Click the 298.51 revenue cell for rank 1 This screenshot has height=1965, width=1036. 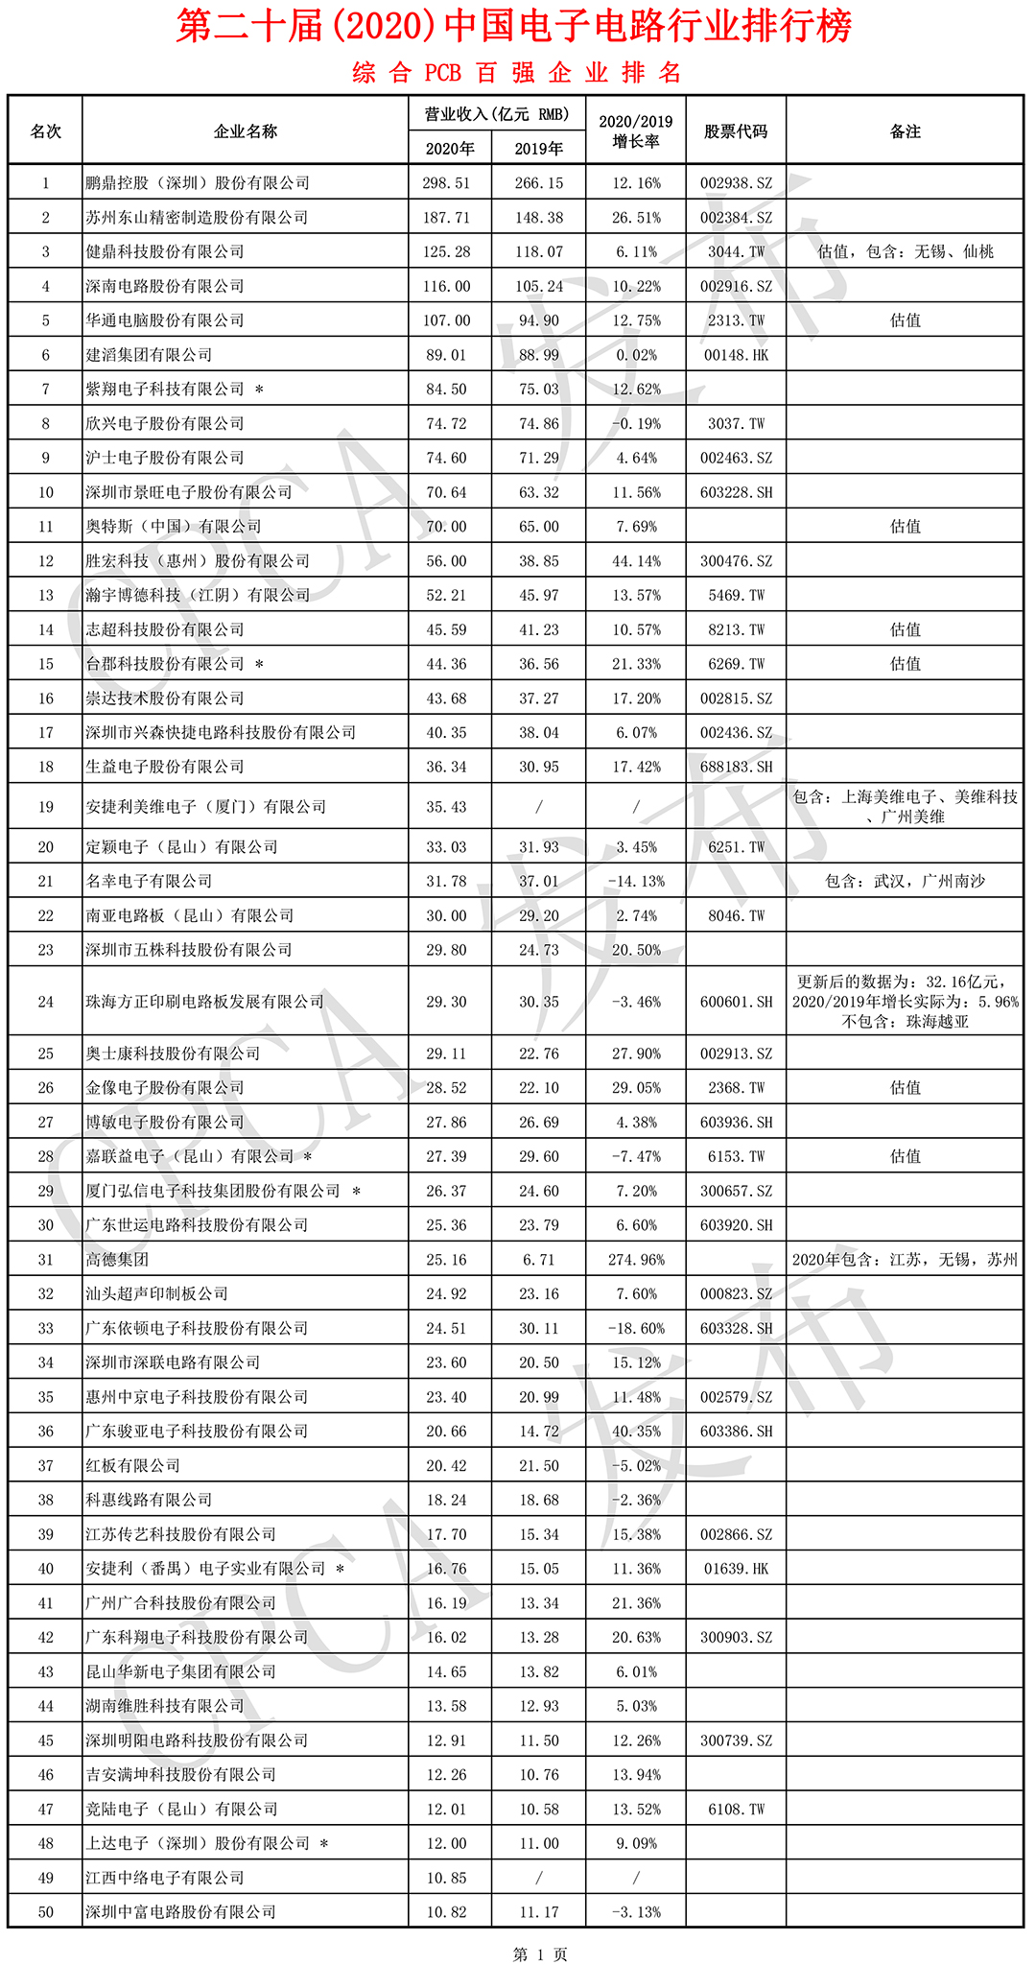pyautogui.click(x=446, y=183)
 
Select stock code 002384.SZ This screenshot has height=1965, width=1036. pyautogui.click(x=736, y=218)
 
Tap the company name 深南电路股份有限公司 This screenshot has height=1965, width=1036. pyautogui.click(x=165, y=286)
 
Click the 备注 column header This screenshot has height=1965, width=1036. pyautogui.click(x=905, y=131)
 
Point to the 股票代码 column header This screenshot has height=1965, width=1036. pyautogui.click(x=736, y=131)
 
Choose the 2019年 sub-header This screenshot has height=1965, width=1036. pyautogui.click(x=538, y=149)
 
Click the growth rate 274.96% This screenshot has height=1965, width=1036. pyautogui.click(x=636, y=1260)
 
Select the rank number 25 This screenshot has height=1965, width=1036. pyautogui.click(x=45, y=1054)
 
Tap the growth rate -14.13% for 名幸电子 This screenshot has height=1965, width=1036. pyautogui.click(x=636, y=881)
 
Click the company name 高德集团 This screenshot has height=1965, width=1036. pyautogui.click(x=117, y=1260)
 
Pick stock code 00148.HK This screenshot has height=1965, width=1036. pyautogui.click(x=736, y=355)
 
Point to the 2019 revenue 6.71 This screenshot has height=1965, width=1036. pyautogui.click(x=538, y=1260)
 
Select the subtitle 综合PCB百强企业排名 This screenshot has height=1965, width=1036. pyautogui.click(x=517, y=73)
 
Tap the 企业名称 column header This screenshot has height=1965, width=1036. pyautogui.click(x=246, y=131)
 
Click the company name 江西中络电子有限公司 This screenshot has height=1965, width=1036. pyautogui.click(x=165, y=1878)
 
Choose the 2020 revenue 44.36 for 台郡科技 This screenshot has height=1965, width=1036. pyautogui.click(x=446, y=664)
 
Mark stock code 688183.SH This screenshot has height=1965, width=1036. pyautogui.click(x=736, y=767)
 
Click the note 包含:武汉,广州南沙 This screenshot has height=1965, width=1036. pyautogui.click(x=905, y=881)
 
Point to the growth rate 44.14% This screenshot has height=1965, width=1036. pyautogui.click(x=636, y=561)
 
